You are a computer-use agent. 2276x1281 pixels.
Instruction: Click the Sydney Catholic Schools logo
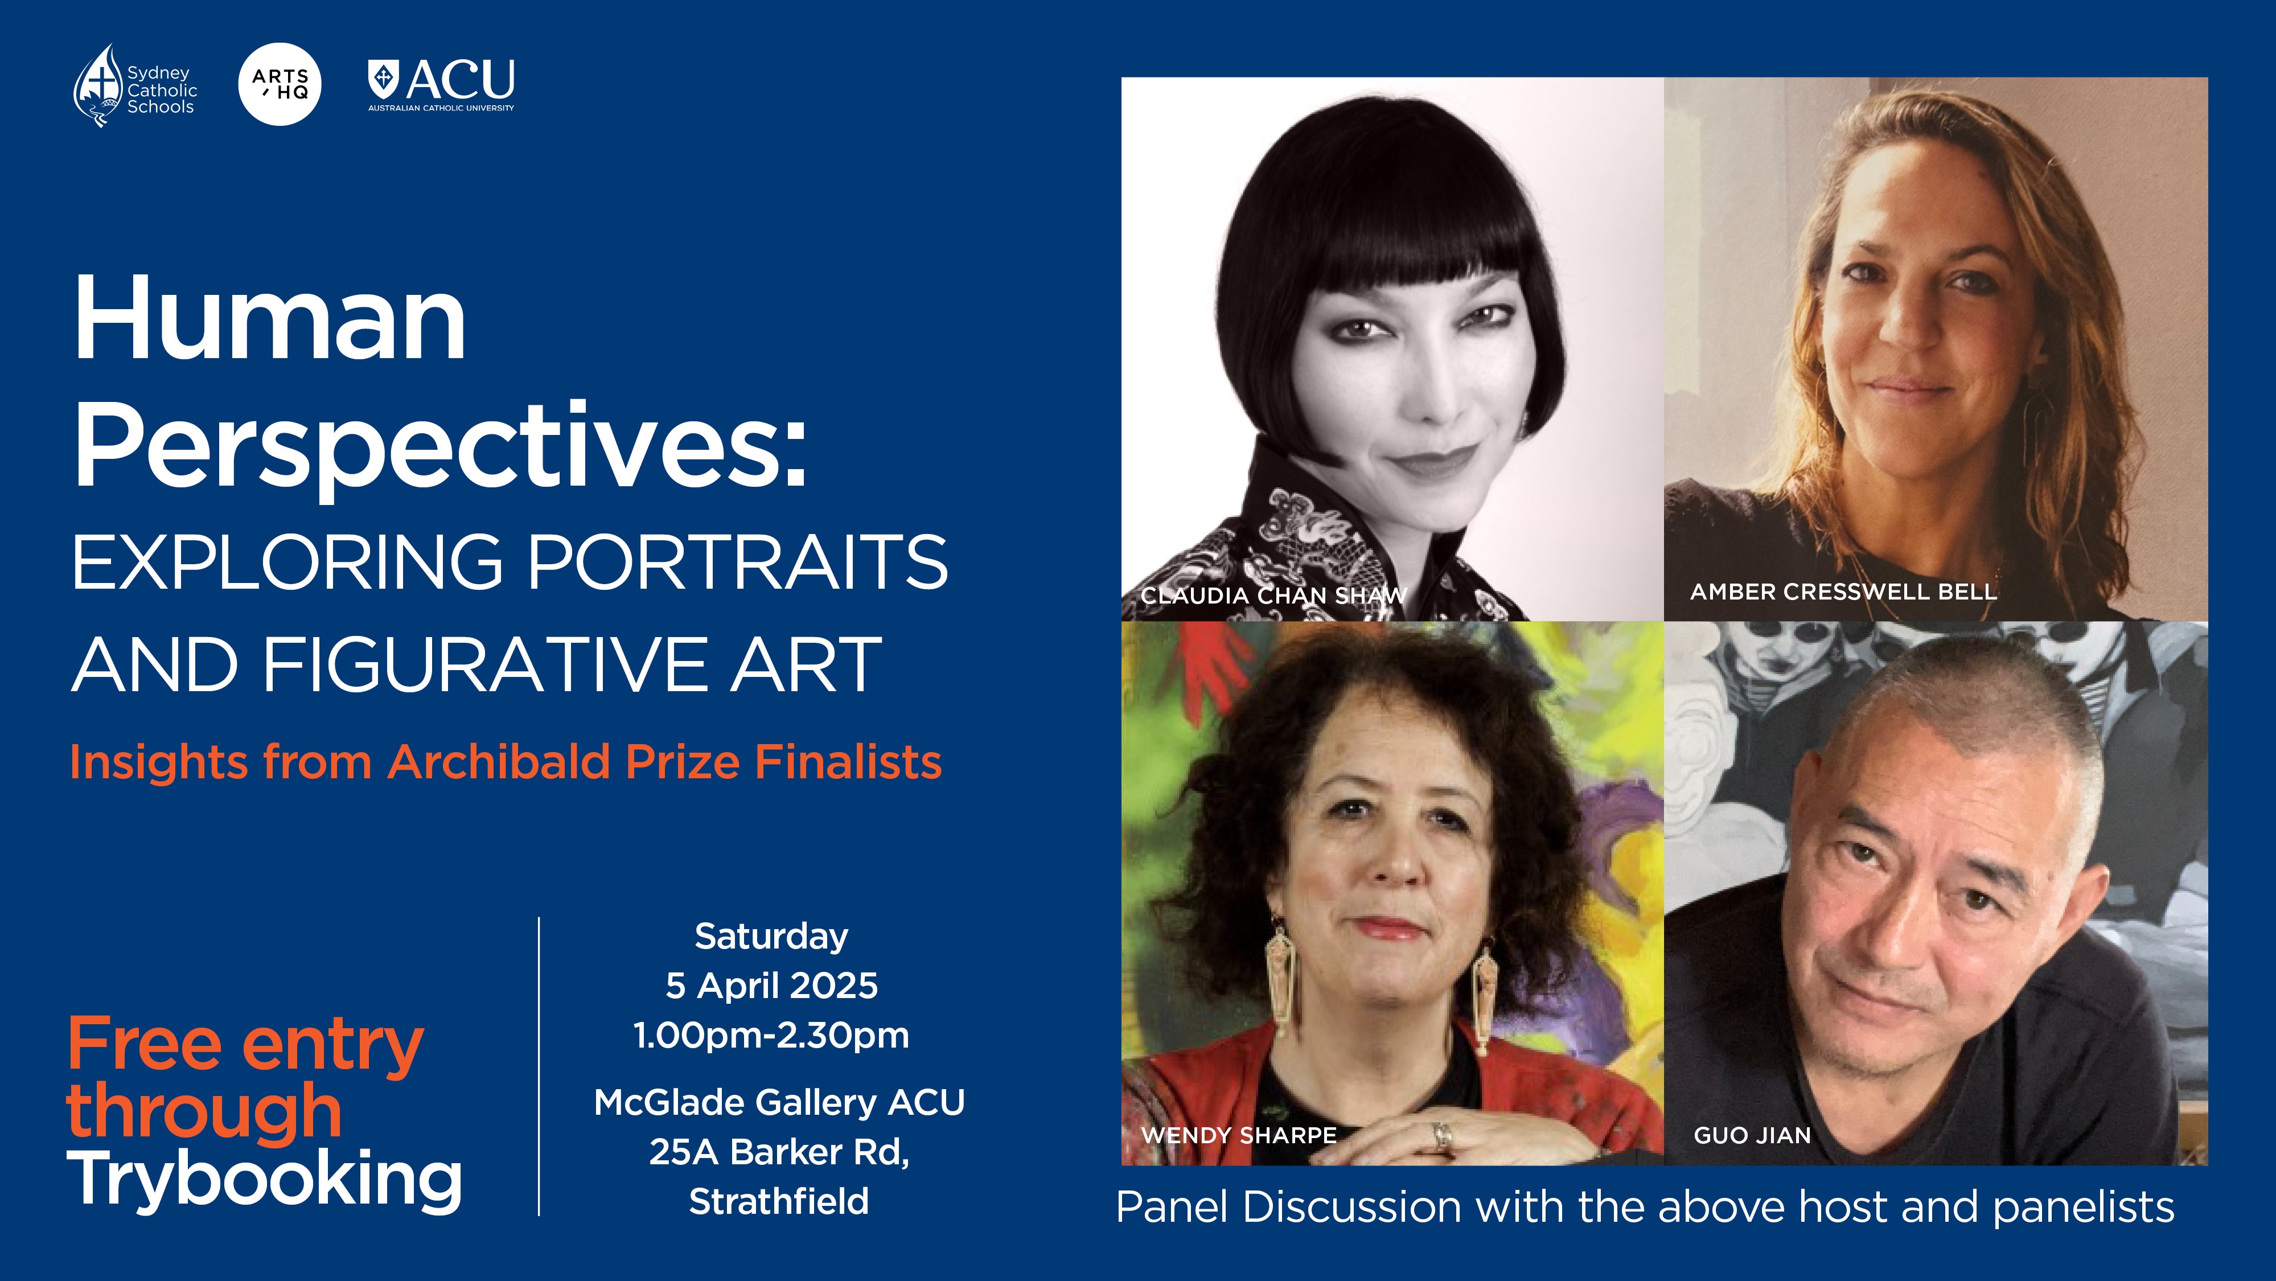[x=135, y=86]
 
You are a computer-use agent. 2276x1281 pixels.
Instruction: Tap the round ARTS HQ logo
[x=280, y=84]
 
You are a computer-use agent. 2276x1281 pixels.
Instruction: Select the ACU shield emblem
[x=384, y=80]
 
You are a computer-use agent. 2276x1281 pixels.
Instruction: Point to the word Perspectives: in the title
[x=440, y=446]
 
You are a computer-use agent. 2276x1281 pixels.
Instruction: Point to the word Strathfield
[x=779, y=1201]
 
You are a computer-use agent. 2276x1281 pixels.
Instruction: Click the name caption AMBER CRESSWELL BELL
[x=1844, y=592]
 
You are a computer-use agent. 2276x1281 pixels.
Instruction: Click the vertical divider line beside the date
[x=539, y=1066]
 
